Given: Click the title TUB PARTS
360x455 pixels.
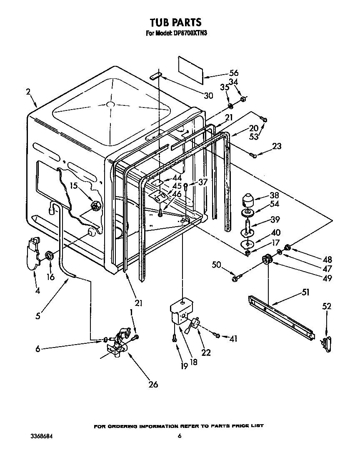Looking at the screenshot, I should (175, 22).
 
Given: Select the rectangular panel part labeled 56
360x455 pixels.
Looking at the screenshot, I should (191, 68).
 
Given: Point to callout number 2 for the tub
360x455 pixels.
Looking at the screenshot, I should (28, 92).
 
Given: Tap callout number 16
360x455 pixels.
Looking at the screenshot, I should (51, 276).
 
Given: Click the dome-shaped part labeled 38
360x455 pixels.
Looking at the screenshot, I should (249, 200).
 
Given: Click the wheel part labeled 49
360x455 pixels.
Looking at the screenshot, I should (266, 261).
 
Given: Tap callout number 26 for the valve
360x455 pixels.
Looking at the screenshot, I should (153, 384).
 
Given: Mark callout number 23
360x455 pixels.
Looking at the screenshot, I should (276, 146).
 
